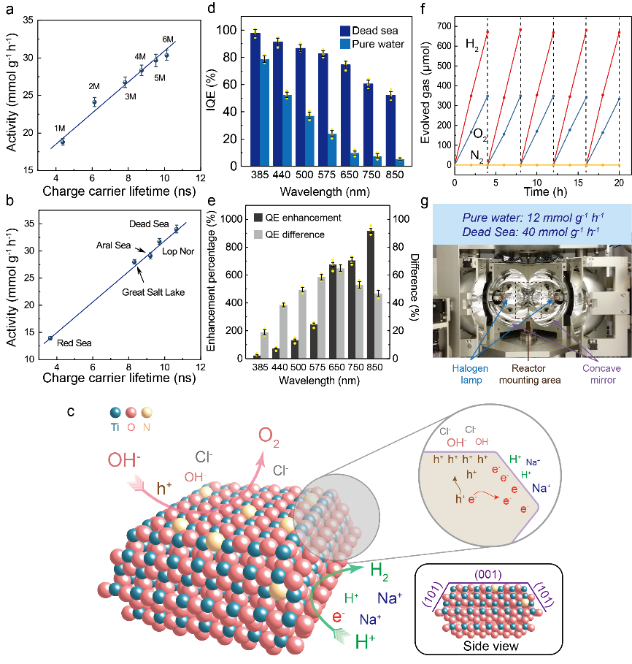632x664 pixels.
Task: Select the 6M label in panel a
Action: (168, 39)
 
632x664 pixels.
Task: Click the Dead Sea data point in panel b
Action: (176, 229)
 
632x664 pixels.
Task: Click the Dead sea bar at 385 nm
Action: (255, 99)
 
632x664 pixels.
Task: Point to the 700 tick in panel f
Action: (441, 26)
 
